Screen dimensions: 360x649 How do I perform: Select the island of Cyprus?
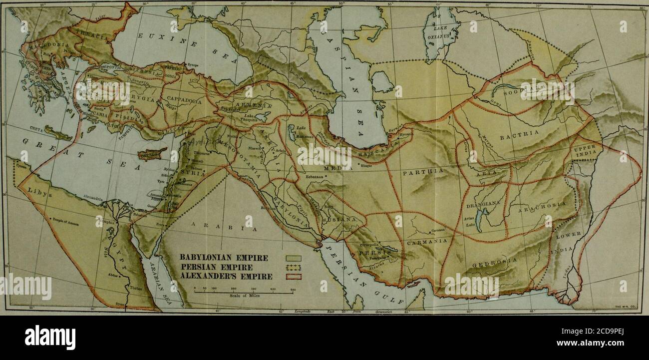point(152,154)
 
